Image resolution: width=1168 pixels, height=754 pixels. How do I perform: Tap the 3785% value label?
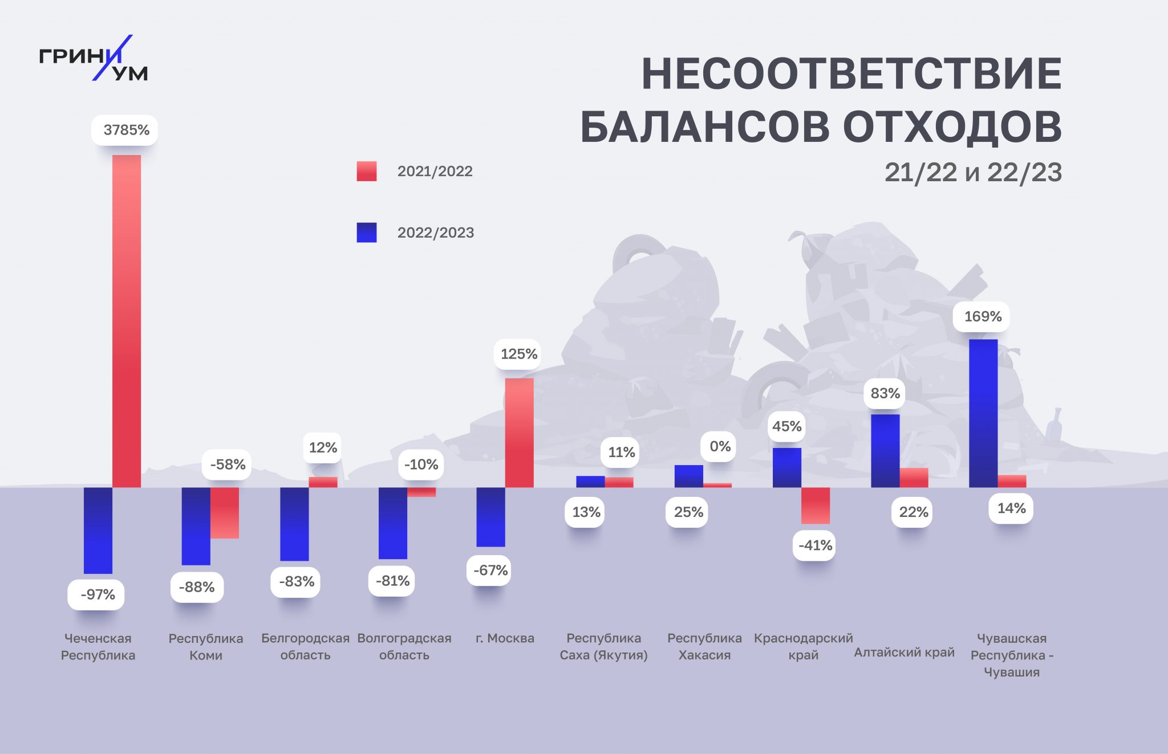[125, 130]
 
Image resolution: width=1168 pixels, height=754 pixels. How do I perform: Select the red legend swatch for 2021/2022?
[367, 171]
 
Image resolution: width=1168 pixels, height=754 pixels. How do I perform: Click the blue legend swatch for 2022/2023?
[367, 233]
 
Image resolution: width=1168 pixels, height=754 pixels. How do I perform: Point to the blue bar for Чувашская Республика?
[983, 413]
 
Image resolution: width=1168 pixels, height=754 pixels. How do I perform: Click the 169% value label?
[982, 316]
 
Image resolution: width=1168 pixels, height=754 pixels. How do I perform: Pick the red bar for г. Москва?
[519, 433]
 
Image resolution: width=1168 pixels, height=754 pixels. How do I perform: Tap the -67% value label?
[490, 570]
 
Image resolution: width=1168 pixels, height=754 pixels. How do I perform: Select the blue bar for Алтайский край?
[885, 450]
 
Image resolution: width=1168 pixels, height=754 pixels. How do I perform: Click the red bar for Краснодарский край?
[816, 505]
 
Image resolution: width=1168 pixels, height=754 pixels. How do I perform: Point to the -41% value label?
[815, 545]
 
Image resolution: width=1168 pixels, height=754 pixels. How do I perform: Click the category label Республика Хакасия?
[704, 646]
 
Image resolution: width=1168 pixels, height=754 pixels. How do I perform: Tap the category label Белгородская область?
[305, 646]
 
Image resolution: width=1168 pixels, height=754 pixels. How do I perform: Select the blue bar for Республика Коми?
[196, 526]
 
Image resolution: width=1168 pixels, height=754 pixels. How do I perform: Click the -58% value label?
[227, 464]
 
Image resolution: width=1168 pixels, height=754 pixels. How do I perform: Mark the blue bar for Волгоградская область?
[393, 523]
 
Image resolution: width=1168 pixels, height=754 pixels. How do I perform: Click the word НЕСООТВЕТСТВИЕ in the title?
[851, 74]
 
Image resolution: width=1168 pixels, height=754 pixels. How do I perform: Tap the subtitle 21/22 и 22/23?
[973, 172]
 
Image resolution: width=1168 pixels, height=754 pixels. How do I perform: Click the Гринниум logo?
[94, 58]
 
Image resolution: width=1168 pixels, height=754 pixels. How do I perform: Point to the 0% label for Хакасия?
[720, 446]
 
